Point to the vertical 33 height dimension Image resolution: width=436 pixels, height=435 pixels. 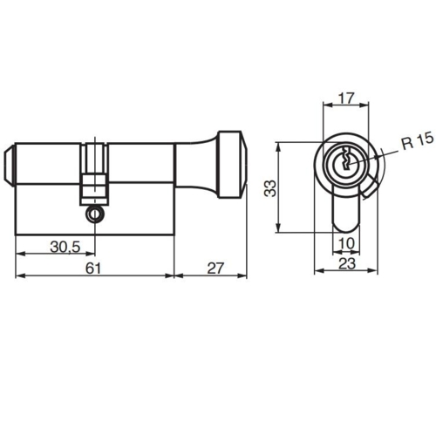coord(272,187)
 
